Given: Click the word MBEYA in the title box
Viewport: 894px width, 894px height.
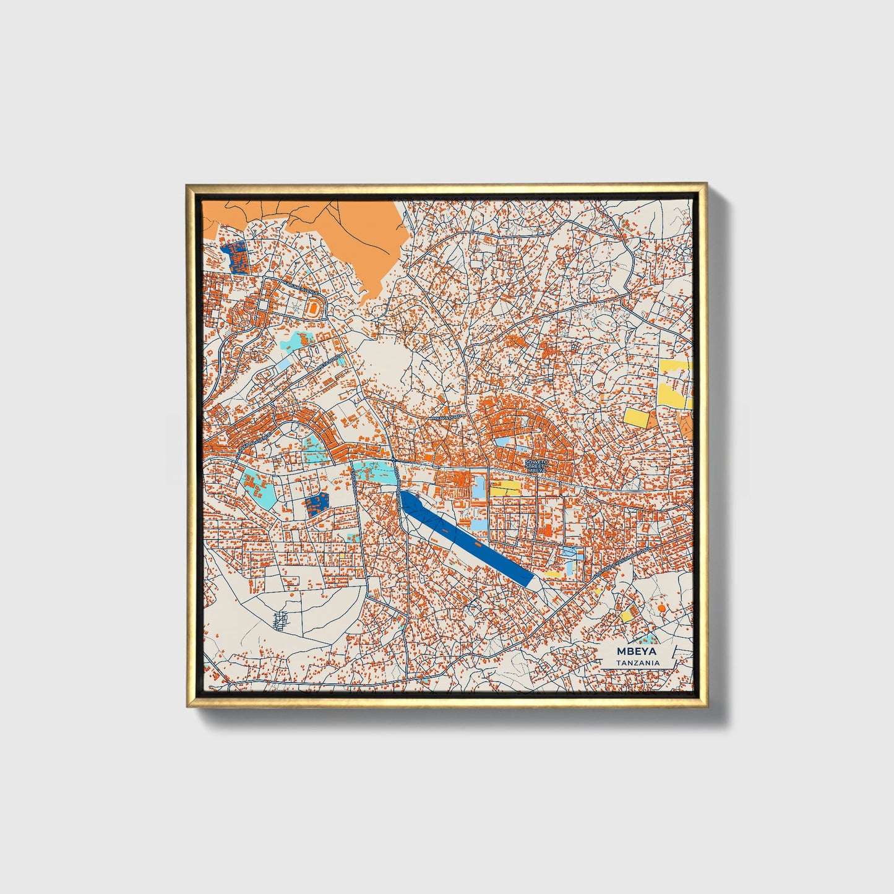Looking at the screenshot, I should pos(637,651).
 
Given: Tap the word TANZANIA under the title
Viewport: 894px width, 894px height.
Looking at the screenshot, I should pos(637,663).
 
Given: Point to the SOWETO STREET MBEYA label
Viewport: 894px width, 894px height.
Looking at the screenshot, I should pos(536,466).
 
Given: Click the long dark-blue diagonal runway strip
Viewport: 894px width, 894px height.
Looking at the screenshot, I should pos(468,538).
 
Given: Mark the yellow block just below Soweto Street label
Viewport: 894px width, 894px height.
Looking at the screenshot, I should pos(505,488).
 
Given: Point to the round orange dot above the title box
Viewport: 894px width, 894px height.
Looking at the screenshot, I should pos(662,609).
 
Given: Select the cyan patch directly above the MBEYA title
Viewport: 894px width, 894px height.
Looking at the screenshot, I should pos(648,638).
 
